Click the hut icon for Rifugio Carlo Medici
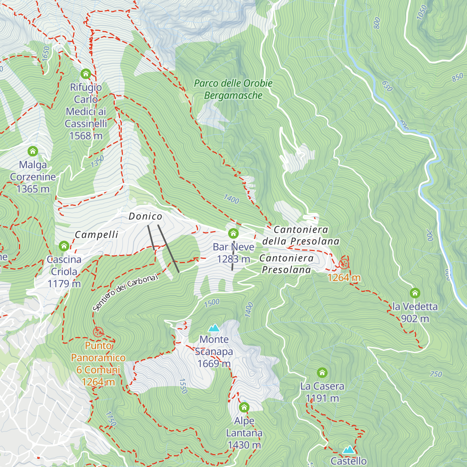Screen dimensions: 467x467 click(x=86, y=74)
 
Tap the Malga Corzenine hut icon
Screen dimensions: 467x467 click(x=33, y=151)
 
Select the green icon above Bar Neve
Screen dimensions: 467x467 click(x=233, y=233)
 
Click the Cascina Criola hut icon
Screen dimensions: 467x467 click(x=64, y=246)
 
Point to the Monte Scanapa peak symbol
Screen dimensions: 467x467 click(x=214, y=328)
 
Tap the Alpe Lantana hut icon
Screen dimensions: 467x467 click(x=244, y=407)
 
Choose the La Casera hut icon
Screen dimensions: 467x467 click(x=322, y=373)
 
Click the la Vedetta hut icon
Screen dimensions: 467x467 click(x=415, y=293)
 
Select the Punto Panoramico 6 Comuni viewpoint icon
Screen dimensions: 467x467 click(x=98, y=332)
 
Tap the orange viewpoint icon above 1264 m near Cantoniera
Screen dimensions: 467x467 click(x=344, y=264)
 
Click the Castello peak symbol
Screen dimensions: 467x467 click(x=348, y=450)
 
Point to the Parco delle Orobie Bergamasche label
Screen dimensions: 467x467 click(x=233, y=90)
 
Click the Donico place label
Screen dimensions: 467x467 click(x=145, y=216)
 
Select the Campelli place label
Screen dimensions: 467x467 click(x=97, y=235)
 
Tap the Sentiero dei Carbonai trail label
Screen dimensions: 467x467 click(x=126, y=292)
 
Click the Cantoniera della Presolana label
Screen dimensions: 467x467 click(x=301, y=235)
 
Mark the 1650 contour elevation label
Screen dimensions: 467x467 click(x=46, y=53)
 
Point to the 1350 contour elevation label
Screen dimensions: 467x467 click(x=97, y=161)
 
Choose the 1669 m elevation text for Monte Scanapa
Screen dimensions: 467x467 click(x=214, y=364)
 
